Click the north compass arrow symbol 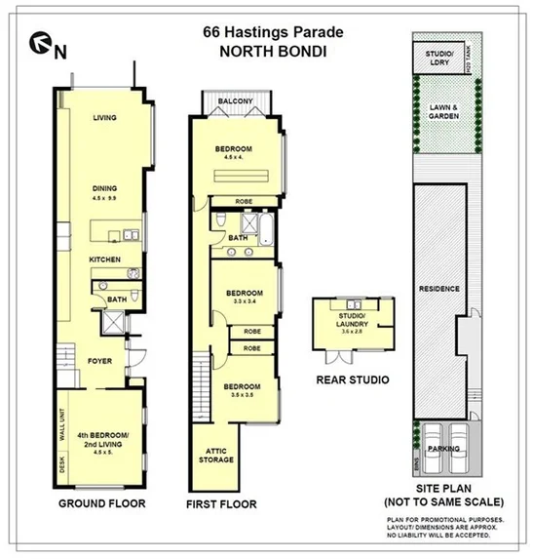[38, 44]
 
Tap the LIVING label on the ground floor [104, 118]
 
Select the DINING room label [104, 192]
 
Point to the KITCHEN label [104, 259]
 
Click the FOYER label [100, 361]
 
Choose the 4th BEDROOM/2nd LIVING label [101, 434]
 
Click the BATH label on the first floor [237, 237]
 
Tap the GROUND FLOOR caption [101, 504]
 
